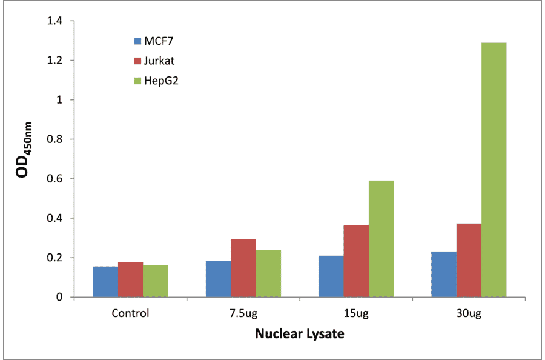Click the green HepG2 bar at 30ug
tap(494, 170)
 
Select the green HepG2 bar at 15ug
tap(381, 239)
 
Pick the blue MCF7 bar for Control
tap(105, 282)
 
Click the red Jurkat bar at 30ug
tap(469, 261)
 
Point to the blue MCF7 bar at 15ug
tap(331, 276)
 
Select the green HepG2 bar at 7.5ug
tap(268, 273)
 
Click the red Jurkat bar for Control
tap(130, 279)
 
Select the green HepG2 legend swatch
tap(137, 80)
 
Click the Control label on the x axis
tap(130, 314)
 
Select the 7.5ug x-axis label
tap(243, 314)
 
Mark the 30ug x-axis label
tap(469, 314)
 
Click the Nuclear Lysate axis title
tap(299, 334)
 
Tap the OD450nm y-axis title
tap(25, 159)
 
